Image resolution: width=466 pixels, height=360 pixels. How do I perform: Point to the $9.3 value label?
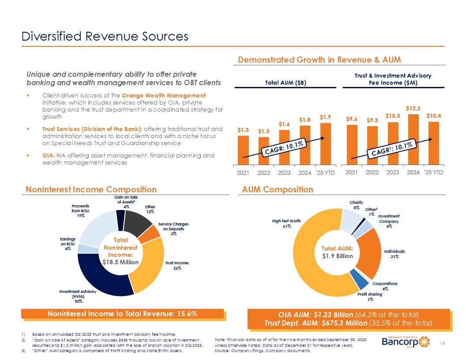click(x=372, y=120)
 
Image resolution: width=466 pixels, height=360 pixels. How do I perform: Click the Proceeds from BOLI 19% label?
click(x=80, y=211)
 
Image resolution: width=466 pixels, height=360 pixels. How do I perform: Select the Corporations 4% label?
click(x=385, y=286)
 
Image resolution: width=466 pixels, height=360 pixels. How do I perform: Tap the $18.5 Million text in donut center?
click(x=120, y=262)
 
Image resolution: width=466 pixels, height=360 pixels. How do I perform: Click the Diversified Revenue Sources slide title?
click(x=105, y=36)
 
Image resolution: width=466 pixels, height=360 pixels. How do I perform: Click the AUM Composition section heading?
click(x=278, y=189)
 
